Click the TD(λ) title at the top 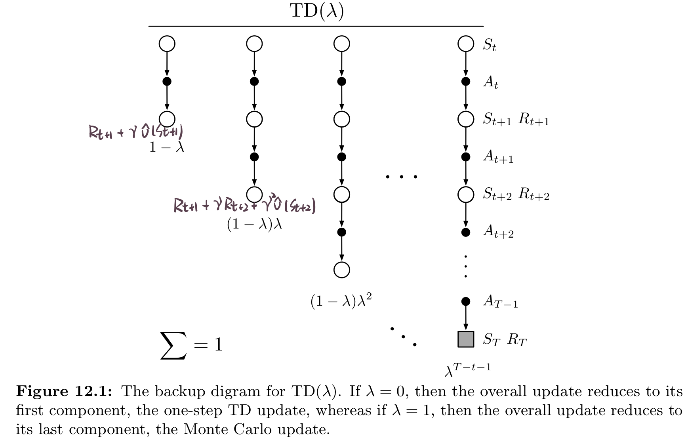click(317, 11)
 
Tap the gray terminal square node click(466, 339)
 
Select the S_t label click(490, 45)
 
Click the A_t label click(491, 82)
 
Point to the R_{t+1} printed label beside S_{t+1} click(534, 120)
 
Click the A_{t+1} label click(498, 157)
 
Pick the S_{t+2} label click(497, 194)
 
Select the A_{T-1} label click(500, 302)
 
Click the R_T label click(517, 340)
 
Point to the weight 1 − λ click(167, 147)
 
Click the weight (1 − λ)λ click(254, 224)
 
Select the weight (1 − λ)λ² click(341, 301)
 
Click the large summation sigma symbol click(173, 345)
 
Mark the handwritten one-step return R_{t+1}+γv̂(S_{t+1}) click(136, 132)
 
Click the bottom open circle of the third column click(342, 270)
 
